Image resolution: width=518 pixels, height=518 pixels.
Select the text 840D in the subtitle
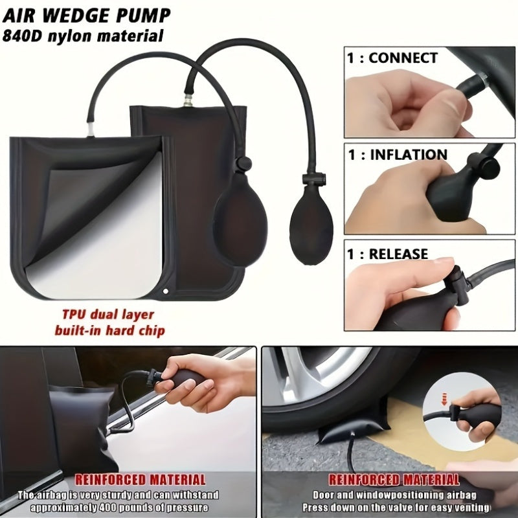click(22, 36)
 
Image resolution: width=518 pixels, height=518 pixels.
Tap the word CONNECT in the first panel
click(403, 58)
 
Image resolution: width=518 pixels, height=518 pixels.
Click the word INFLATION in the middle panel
click(409, 155)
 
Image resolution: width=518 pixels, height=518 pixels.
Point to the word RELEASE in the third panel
click(398, 254)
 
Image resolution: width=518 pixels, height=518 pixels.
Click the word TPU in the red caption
click(74, 315)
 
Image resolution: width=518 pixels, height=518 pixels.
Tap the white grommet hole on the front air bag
click(166, 291)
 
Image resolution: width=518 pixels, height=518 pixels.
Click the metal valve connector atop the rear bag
click(188, 100)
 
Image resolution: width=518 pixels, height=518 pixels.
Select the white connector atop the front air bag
click(90, 130)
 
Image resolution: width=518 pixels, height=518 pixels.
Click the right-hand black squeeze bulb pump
click(311, 225)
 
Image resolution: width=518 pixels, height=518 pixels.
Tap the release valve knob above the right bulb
click(313, 179)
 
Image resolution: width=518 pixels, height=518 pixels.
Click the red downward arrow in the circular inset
click(444, 399)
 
